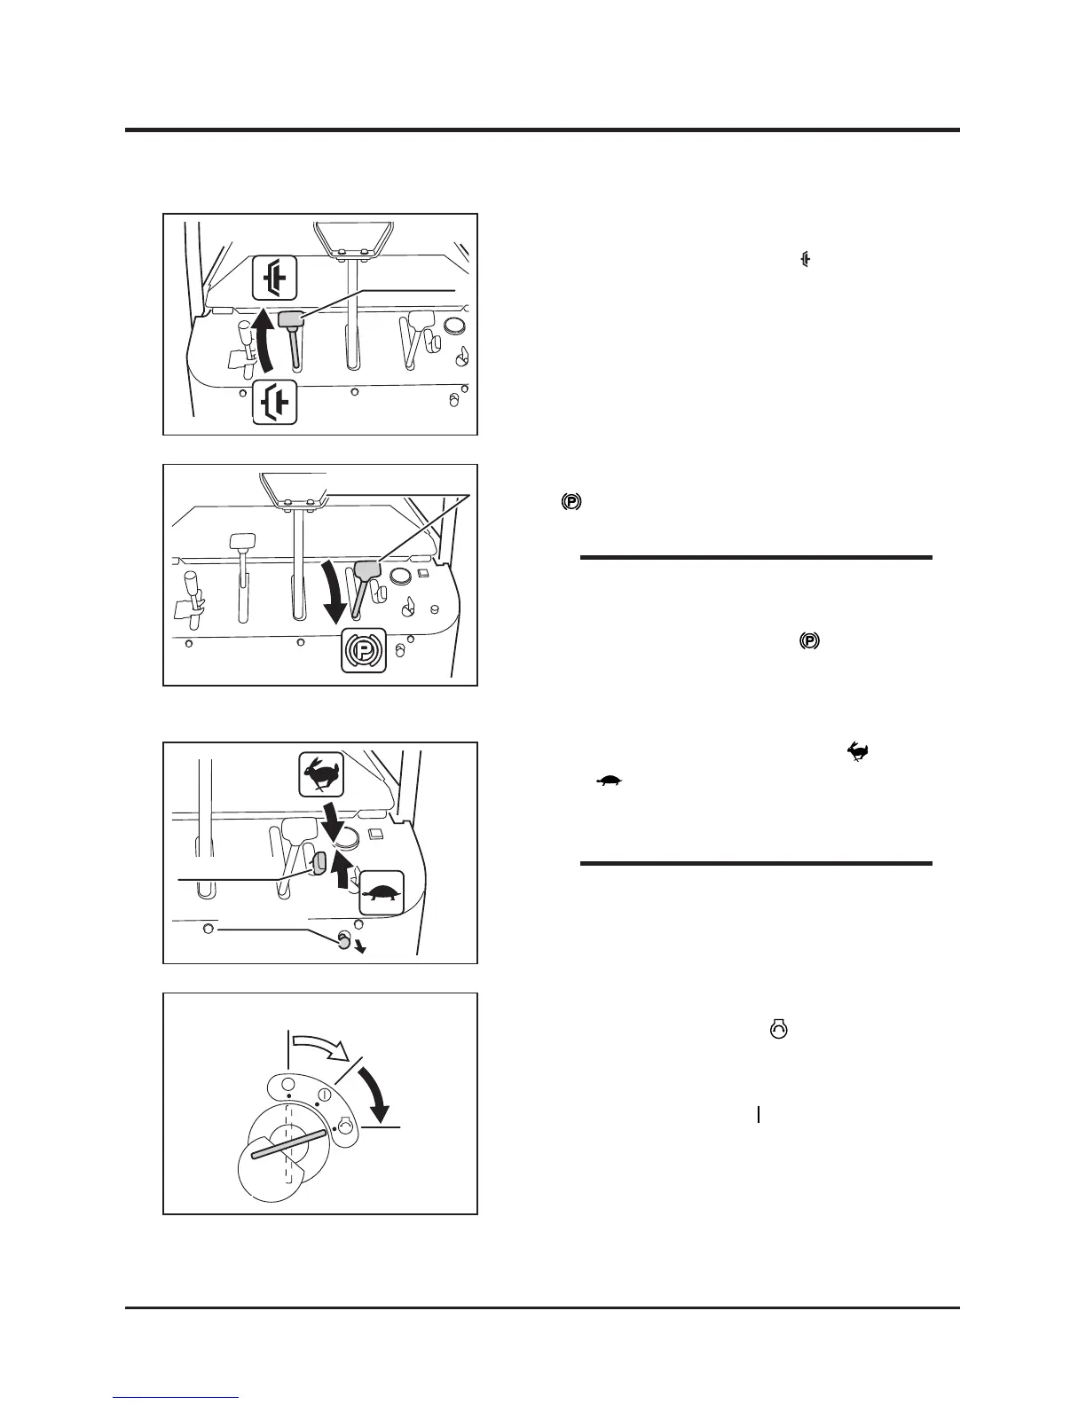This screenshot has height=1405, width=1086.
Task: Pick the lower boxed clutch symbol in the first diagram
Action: (x=274, y=404)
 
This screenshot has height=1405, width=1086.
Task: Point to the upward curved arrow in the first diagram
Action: (x=263, y=349)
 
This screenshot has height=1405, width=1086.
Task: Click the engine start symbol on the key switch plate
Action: (x=346, y=1124)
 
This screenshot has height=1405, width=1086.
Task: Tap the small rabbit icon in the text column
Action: (x=858, y=753)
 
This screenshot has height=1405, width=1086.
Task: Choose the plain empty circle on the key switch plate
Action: (x=287, y=1085)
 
